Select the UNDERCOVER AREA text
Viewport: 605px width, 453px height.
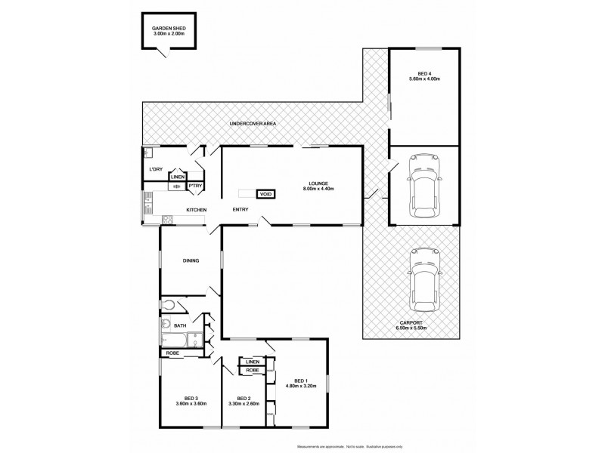click(253, 122)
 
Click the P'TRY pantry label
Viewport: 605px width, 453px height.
click(195, 185)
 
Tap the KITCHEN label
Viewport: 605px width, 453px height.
click(197, 209)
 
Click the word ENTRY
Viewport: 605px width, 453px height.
click(240, 209)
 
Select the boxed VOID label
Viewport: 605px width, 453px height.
click(265, 193)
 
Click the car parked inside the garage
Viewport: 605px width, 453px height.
click(423, 183)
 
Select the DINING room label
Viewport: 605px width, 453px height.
click(191, 260)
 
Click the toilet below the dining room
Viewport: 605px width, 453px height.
click(169, 305)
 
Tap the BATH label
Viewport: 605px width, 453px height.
click(180, 325)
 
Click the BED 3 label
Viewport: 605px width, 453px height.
click(191, 399)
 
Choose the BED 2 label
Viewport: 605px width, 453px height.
click(243, 399)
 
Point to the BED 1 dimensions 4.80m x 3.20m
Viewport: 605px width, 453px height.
click(300, 386)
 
